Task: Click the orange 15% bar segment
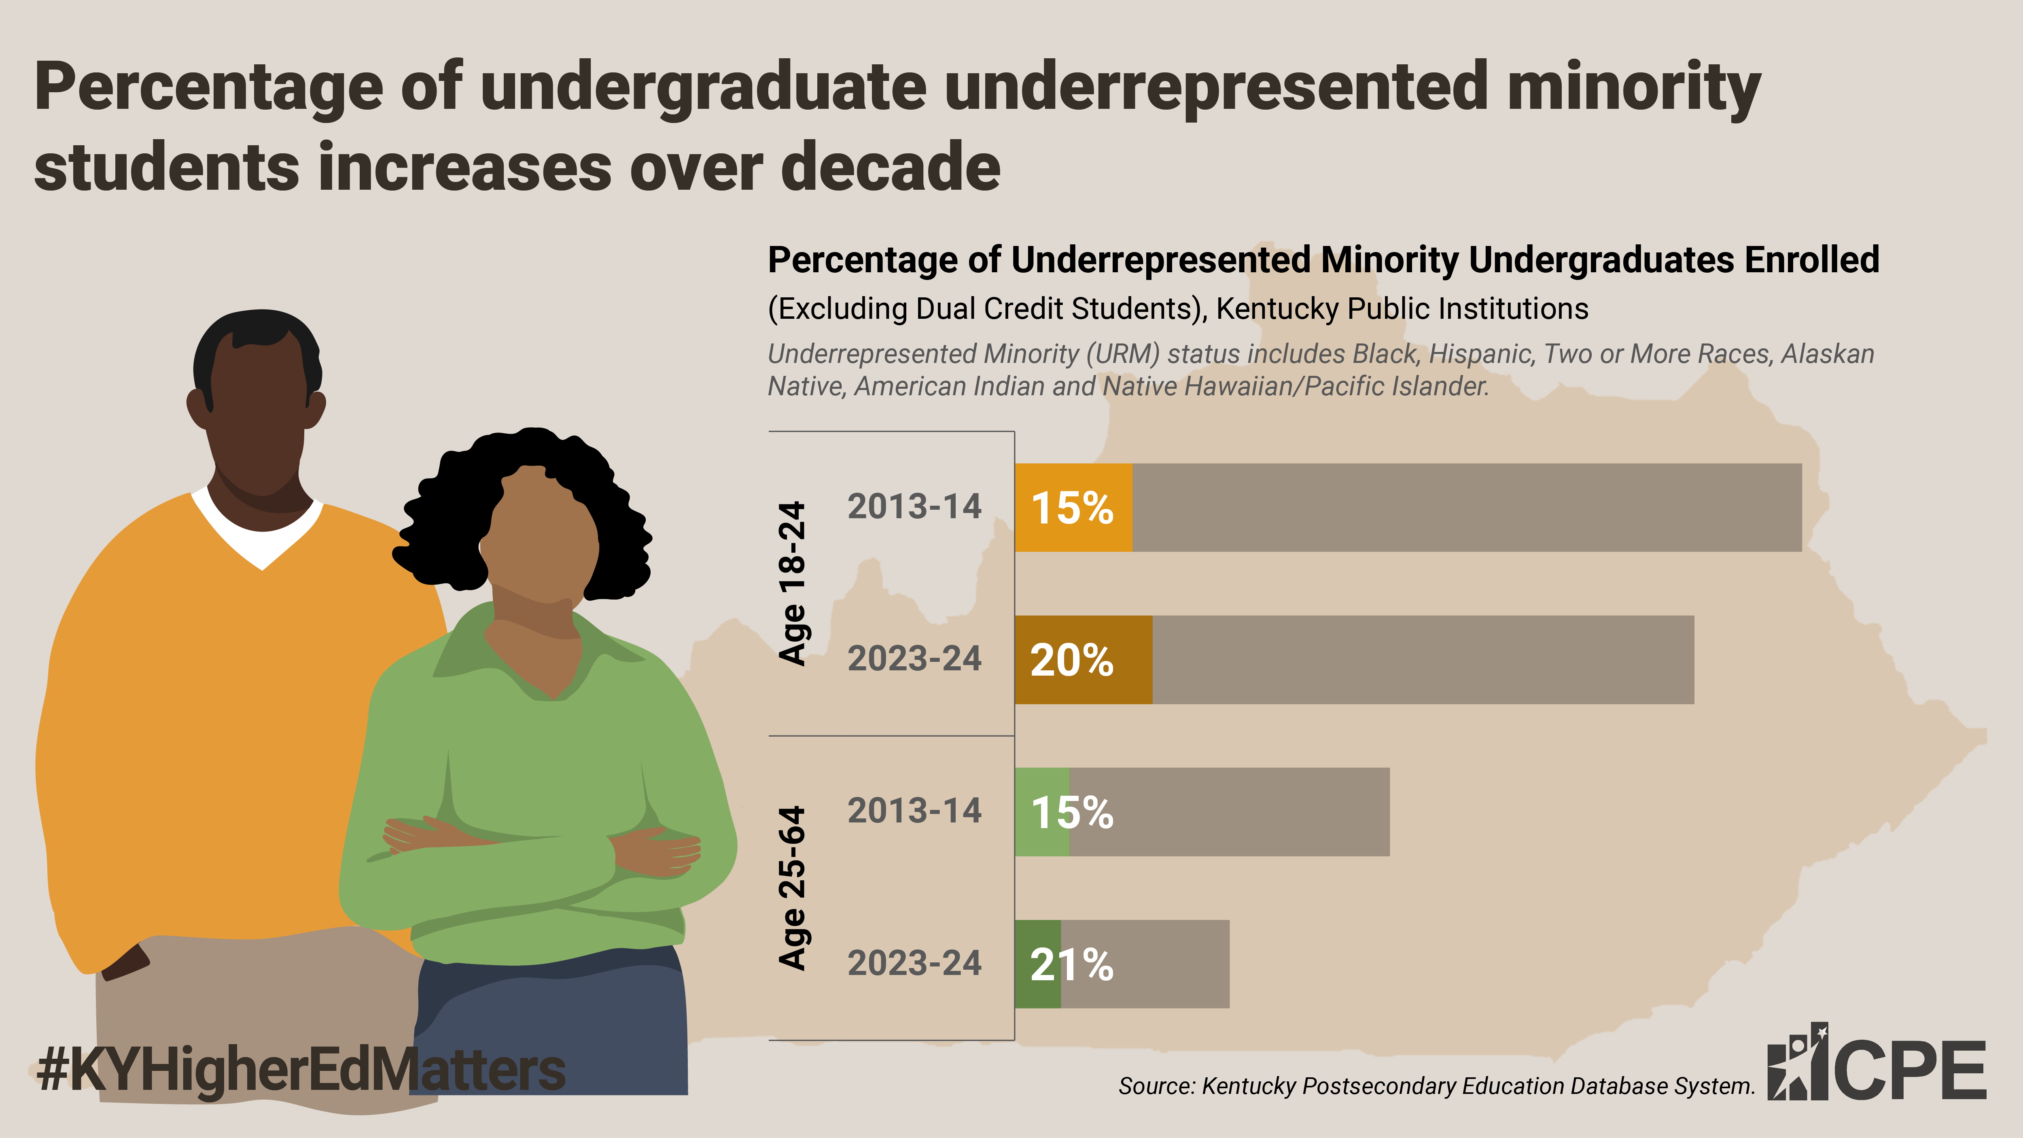(x=1073, y=507)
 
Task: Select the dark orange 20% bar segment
(x=1084, y=660)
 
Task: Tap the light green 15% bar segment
(x=1042, y=812)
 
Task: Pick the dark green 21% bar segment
(x=1037, y=964)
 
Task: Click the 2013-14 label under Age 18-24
(x=914, y=506)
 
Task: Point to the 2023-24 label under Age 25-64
(x=914, y=964)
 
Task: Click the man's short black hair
(x=258, y=345)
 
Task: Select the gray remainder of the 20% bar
(x=1423, y=660)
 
